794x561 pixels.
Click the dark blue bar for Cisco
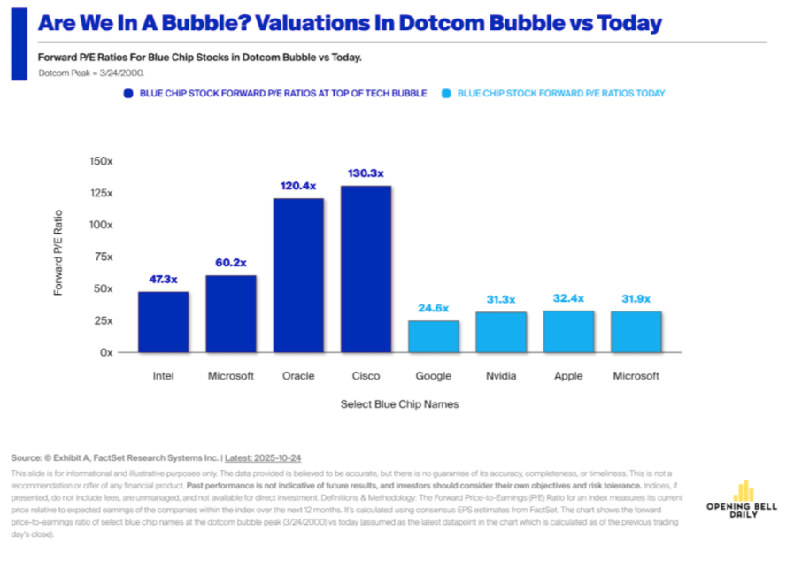click(366, 269)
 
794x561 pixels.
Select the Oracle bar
click(298, 275)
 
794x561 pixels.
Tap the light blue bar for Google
click(434, 336)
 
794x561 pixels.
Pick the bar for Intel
click(163, 321)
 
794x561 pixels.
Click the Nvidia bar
click(501, 332)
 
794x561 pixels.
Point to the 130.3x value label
click(366, 174)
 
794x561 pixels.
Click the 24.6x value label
click(434, 308)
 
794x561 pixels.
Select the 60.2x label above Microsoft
click(230, 263)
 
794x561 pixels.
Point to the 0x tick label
click(106, 352)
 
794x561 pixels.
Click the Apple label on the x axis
click(568, 376)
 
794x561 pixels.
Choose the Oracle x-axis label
click(298, 376)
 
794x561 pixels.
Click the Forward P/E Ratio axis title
click(59, 253)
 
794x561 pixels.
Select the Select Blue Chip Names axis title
click(399, 404)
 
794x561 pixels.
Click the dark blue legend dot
click(128, 93)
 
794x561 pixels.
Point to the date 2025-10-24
click(276, 458)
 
